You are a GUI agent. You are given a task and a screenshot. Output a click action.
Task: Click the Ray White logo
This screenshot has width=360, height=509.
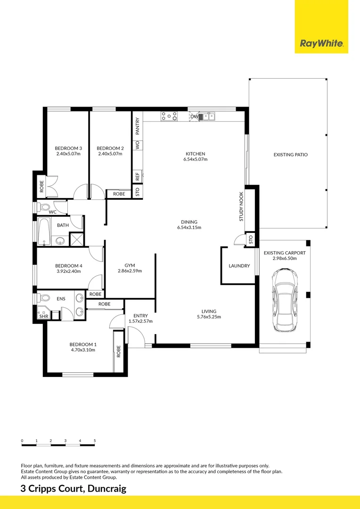pyautogui.click(x=321, y=43)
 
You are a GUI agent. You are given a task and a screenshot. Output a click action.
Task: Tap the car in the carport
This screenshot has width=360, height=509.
pyautogui.click(x=285, y=300)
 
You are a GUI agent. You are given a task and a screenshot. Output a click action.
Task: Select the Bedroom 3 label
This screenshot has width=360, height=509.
pyautogui.click(x=68, y=148)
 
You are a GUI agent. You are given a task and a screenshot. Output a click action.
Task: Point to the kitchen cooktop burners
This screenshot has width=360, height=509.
pyautogui.click(x=169, y=116)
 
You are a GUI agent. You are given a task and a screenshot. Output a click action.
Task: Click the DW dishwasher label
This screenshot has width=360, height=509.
pyautogui.click(x=194, y=116)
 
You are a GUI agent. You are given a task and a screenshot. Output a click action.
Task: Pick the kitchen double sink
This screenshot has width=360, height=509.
pyautogui.click(x=207, y=116)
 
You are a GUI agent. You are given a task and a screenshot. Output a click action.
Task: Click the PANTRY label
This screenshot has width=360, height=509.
pyautogui.click(x=138, y=126)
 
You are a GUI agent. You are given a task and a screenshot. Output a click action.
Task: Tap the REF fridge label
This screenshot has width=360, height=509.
pyautogui.click(x=138, y=176)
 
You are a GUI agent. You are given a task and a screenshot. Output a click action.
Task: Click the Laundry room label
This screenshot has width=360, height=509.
pyautogui.click(x=239, y=266)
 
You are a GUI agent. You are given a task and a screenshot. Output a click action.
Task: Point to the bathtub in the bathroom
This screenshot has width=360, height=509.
pyautogui.click(x=44, y=231)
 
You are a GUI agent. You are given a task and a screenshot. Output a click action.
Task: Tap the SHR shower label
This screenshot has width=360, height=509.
pyautogui.click(x=43, y=316)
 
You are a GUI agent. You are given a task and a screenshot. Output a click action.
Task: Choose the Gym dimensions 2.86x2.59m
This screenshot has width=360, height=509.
pyautogui.click(x=130, y=271)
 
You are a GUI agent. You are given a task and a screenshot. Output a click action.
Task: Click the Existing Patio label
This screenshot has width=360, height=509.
pyautogui.click(x=291, y=155)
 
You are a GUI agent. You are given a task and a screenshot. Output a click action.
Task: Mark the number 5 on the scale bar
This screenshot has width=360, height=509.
pyautogui.click(x=95, y=441)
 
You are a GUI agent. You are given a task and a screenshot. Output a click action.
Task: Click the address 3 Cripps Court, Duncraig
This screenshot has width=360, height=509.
pyautogui.click(x=74, y=489)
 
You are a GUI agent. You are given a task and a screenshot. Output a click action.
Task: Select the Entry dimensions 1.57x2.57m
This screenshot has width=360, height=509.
pyautogui.click(x=140, y=321)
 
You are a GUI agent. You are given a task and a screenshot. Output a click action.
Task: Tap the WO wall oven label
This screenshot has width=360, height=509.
pyautogui.click(x=138, y=145)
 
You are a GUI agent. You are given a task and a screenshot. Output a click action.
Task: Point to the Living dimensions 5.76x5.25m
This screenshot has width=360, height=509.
pyautogui.click(x=209, y=317)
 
